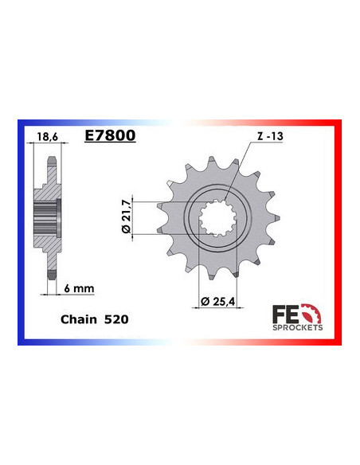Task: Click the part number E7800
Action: click(110, 136)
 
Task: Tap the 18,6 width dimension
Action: click(49, 138)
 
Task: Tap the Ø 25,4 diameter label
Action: click(216, 302)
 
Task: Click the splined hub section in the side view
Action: click(47, 214)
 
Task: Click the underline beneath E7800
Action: click(110, 143)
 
